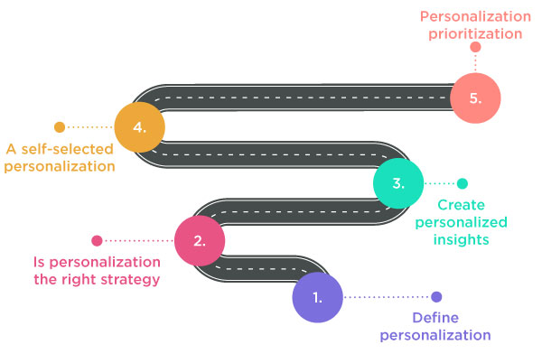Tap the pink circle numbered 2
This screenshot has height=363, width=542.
(x=200, y=241)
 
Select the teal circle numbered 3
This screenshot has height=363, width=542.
(x=399, y=183)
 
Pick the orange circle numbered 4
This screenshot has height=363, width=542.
(x=140, y=127)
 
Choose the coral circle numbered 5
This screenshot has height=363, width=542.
(x=475, y=97)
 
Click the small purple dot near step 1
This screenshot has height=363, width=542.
(x=436, y=297)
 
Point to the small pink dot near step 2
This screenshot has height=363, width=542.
(x=98, y=241)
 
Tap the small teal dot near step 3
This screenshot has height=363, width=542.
(x=463, y=183)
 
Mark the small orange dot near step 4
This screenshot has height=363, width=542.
(x=60, y=127)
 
